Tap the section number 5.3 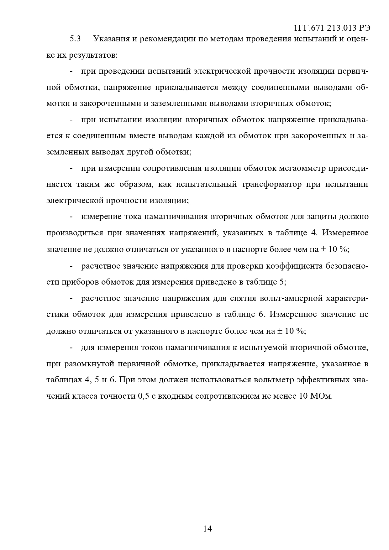75,39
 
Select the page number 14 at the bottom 208,529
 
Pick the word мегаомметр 301,168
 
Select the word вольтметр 274,380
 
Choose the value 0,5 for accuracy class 143,396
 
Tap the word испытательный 206,184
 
